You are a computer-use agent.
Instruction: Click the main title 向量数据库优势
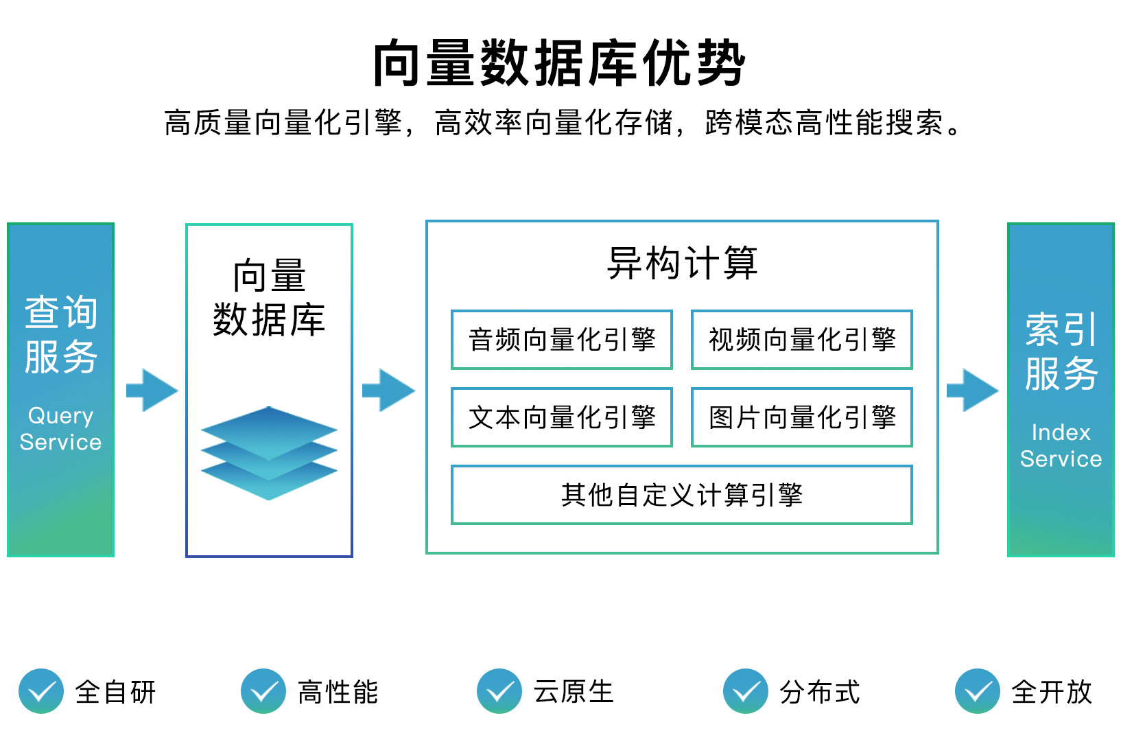point(560,63)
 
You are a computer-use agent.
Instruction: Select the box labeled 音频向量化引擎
point(561,340)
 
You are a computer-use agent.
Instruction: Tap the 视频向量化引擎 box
point(802,340)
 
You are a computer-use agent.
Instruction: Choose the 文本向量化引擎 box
point(561,417)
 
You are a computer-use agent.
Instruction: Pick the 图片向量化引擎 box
point(802,417)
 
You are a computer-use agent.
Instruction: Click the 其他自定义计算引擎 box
point(682,495)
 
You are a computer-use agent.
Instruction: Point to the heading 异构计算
point(682,263)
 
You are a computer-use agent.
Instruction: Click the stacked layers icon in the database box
point(269,453)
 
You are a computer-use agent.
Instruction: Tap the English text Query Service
point(60,429)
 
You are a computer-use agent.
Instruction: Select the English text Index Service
point(1061,445)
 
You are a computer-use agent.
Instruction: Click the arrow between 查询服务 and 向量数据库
point(152,390)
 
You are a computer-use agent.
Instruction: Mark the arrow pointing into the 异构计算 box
point(389,390)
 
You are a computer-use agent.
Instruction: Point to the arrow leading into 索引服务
point(973,390)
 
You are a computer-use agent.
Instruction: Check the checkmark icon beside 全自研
point(41,691)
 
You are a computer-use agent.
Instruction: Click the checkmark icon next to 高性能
point(263,691)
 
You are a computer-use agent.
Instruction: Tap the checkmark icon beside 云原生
point(499,691)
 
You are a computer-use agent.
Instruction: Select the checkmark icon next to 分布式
point(746,691)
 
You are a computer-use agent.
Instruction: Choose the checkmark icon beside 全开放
point(978,691)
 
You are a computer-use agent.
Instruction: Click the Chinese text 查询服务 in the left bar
point(60,334)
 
